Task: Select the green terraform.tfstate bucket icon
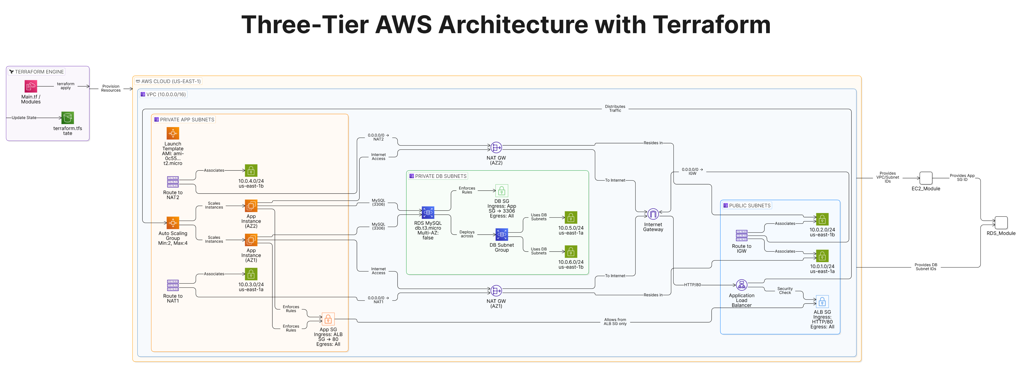click(67, 118)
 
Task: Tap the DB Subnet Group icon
click(502, 234)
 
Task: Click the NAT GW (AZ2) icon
click(496, 148)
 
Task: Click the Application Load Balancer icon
click(741, 285)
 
